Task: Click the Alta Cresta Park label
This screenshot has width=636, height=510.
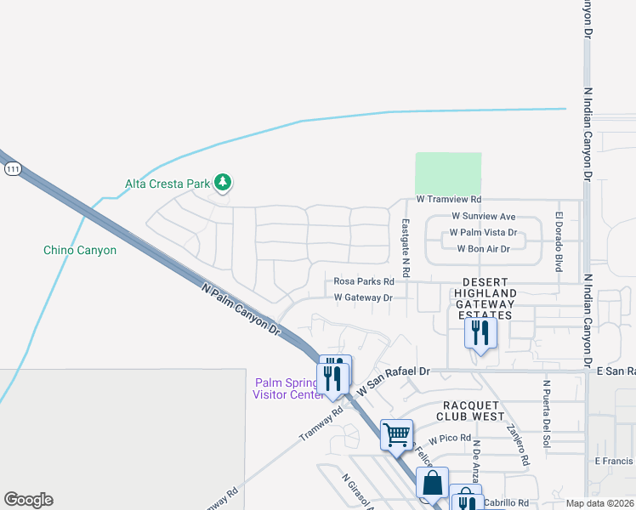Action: pos(167,184)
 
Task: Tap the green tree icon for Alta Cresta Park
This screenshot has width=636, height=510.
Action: pos(223,182)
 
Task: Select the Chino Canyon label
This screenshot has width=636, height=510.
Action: pos(80,250)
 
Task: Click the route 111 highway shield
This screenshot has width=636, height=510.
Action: pos(12,170)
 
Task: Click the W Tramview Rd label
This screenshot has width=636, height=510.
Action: pos(449,200)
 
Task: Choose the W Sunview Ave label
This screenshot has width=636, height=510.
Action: pos(483,217)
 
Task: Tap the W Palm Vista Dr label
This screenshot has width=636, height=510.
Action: pos(483,232)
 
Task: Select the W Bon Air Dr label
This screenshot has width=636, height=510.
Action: pos(483,249)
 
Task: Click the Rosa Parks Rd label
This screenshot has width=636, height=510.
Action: pos(364,281)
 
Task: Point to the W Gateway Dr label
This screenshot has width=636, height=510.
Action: pos(363,297)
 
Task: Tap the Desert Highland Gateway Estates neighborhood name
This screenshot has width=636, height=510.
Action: pos(484,298)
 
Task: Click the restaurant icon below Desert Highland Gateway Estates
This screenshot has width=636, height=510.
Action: pos(480,332)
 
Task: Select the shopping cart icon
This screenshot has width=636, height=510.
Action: pos(397,434)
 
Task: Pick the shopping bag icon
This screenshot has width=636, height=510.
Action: pos(432,483)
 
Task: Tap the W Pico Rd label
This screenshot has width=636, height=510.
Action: pos(450,439)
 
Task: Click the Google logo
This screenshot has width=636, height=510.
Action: pos(28,500)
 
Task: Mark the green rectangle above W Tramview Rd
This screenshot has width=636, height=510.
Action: pos(448,173)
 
